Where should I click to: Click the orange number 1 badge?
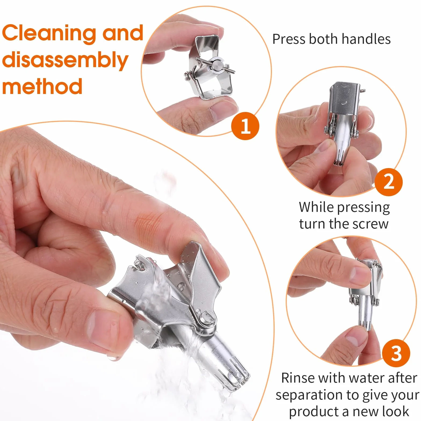click(245, 126)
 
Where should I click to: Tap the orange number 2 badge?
click(389, 182)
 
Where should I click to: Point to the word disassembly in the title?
click(65, 60)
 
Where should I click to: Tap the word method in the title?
click(42, 86)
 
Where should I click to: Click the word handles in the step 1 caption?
click(366, 39)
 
